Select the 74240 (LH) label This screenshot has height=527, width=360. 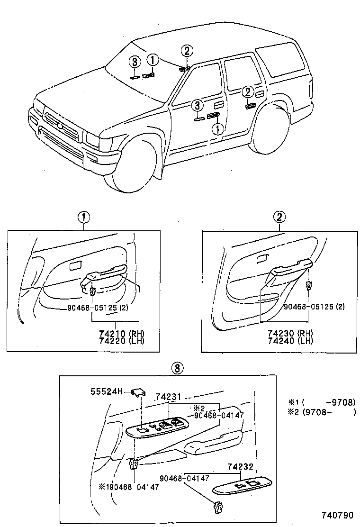[290, 341]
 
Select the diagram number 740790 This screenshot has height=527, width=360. [338, 515]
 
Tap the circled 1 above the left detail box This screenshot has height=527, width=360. [83, 218]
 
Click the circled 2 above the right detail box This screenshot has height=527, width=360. [279, 218]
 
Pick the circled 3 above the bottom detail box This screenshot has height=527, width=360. [176, 368]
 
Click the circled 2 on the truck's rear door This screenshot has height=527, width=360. [247, 91]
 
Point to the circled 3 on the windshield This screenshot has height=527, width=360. [135, 62]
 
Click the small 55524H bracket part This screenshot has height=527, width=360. [138, 391]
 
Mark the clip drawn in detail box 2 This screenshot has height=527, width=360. [309, 285]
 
